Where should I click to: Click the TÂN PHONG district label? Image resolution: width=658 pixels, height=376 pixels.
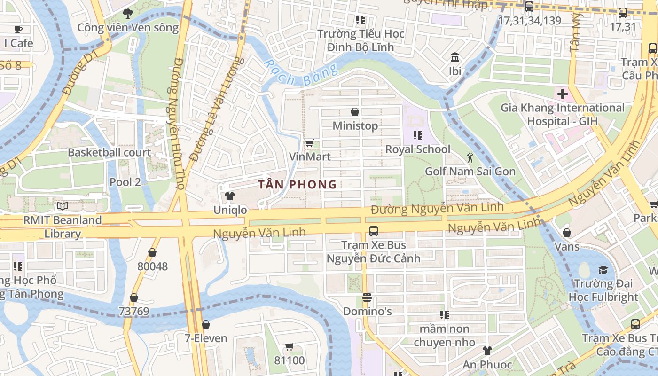[x=298, y=184]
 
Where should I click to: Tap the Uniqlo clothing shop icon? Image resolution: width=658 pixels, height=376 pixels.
[x=229, y=196]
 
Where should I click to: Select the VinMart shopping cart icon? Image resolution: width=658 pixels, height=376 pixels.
[x=309, y=142]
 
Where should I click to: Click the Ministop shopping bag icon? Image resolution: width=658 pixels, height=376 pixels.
[x=355, y=112]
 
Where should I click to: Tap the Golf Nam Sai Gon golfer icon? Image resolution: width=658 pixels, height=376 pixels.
[x=470, y=157]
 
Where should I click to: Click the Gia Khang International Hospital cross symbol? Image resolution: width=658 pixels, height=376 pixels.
[x=562, y=94]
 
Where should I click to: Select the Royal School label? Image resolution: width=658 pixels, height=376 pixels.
[x=417, y=149]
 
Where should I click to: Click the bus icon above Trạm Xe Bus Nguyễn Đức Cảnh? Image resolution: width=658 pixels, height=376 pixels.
[x=373, y=231]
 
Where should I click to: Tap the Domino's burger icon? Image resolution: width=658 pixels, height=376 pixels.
[x=367, y=298]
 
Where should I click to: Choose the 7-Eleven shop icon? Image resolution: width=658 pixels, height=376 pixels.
[x=205, y=324]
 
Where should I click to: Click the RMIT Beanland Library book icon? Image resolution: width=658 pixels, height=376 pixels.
[x=62, y=206]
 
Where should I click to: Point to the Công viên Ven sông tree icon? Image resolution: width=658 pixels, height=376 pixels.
[x=127, y=14]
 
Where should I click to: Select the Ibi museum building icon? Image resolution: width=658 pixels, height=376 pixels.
[x=454, y=57]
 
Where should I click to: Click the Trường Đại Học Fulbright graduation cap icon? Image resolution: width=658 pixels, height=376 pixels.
[x=603, y=270]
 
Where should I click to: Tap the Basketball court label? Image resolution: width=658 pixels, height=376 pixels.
[x=110, y=152]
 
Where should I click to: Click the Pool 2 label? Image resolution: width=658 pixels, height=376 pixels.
[x=125, y=182]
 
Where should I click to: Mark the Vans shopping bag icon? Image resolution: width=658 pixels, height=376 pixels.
[x=567, y=232]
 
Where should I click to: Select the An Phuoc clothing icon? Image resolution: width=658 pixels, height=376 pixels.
[x=487, y=351]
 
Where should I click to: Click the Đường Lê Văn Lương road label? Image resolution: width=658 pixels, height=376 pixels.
[x=217, y=109]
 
